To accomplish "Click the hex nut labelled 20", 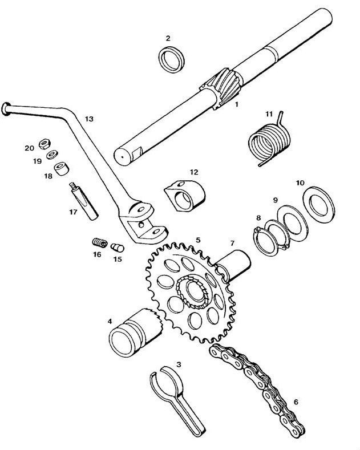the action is pos(45,144).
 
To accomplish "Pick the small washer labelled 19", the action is pos(52,155).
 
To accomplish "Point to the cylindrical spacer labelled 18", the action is pos(61,168).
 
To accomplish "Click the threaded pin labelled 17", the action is pos(83,201).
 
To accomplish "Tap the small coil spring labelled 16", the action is pos(100,243).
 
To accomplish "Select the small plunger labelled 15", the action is pos(118,248).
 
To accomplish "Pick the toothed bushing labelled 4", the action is pos(135,333).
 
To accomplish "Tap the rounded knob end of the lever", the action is pos(6,109).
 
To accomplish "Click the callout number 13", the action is pos(89,119).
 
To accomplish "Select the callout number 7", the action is pos(232,243).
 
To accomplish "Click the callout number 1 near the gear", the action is pos(237,104).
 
